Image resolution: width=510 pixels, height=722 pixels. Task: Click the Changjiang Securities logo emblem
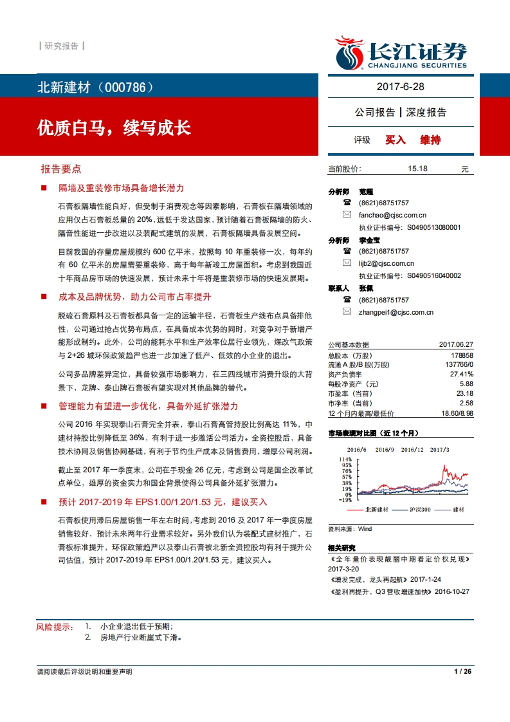pyautogui.click(x=350, y=53)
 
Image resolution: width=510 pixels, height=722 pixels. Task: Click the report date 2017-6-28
pyautogui.click(x=400, y=86)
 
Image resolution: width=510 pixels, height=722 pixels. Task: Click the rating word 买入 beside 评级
pyautogui.click(x=396, y=140)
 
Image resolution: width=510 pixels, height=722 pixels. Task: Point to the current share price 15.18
pyautogui.click(x=417, y=169)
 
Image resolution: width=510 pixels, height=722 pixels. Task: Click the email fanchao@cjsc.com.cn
pyautogui.click(x=392, y=215)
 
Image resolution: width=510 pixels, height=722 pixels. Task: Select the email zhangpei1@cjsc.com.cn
pyautogui.click(x=396, y=312)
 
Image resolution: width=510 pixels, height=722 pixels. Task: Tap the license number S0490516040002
pyautogui.click(x=434, y=275)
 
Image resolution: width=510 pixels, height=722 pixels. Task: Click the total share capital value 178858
pyautogui.click(x=462, y=355)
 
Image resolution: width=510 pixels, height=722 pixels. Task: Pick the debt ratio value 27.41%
pyautogui.click(x=462, y=374)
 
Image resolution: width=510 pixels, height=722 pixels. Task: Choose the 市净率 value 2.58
pyautogui.click(x=465, y=403)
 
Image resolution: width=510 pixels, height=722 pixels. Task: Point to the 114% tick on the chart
pyautogui.click(x=345, y=459)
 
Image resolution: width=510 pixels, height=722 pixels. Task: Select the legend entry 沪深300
pyautogui.click(x=419, y=510)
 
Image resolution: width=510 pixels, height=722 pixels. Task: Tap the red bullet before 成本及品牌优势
pyautogui.click(x=44, y=297)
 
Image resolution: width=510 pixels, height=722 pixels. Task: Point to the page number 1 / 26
pyautogui.click(x=462, y=672)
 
